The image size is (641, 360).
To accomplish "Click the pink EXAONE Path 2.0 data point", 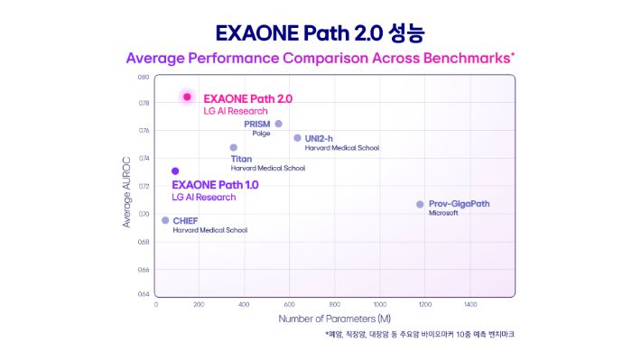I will point(187,97).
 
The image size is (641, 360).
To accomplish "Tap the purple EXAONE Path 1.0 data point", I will point(175,171).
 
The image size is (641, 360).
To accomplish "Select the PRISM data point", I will point(278,124).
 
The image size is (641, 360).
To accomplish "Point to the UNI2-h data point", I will point(297,138).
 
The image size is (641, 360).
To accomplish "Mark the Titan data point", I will point(233,148).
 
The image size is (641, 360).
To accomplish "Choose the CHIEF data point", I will point(165,220).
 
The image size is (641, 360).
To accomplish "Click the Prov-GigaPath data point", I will point(420,204).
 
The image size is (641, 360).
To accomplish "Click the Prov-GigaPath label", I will point(460,204).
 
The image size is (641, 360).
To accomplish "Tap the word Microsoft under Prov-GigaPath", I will point(443,214).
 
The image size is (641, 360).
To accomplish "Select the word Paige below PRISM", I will point(261,134).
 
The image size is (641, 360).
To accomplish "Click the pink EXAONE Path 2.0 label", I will point(248,97).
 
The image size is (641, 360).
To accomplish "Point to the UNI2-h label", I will point(319,138).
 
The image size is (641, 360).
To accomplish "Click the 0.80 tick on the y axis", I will point(144,78).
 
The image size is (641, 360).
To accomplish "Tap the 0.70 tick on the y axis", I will point(144,214).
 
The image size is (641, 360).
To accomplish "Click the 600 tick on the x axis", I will point(290,305).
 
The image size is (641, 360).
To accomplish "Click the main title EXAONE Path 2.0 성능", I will point(320,33).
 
